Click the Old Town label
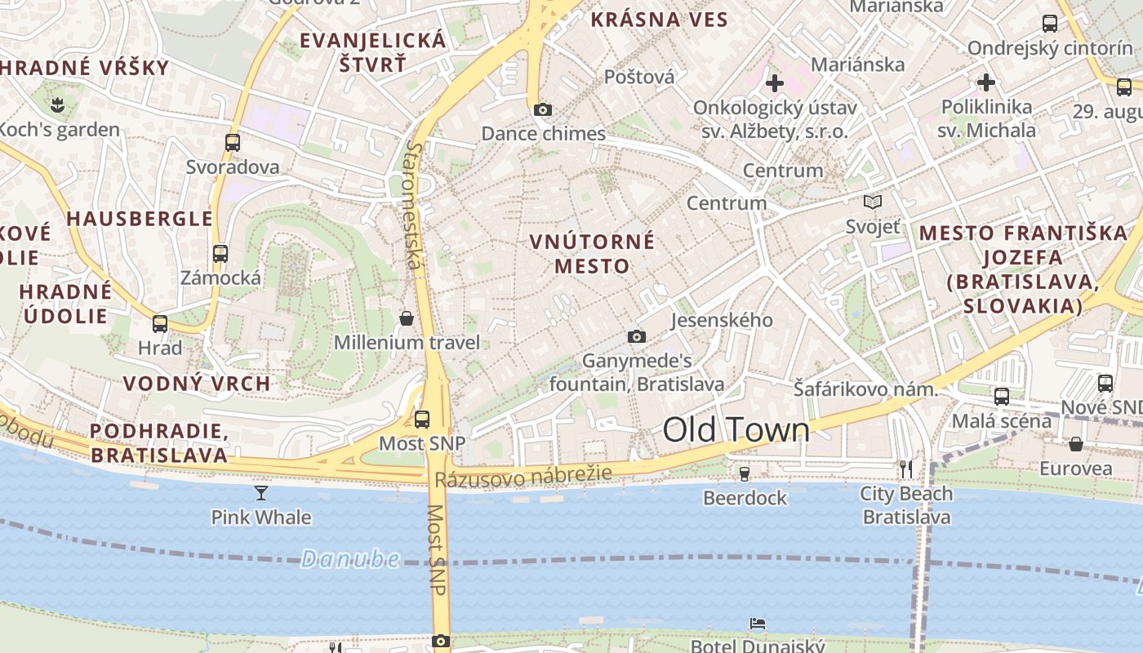coord(736,430)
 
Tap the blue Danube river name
coord(350,559)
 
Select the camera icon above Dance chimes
coord(542,109)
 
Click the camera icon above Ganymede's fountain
coord(636,336)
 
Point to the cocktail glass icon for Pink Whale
coord(261,492)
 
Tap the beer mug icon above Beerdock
coord(744,473)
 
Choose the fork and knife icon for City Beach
coord(905,469)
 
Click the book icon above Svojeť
coord(873,202)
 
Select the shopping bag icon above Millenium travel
coord(407,318)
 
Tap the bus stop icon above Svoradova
coord(233,143)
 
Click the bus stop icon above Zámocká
coord(220,253)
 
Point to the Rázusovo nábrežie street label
coord(523,477)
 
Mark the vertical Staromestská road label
coord(415,205)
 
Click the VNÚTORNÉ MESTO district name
coord(592,253)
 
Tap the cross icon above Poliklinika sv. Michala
coord(986,82)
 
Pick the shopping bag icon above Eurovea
coord(1076,444)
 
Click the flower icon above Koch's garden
coord(57,104)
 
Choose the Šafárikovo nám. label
coord(865,389)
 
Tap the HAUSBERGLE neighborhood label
coord(140,219)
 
